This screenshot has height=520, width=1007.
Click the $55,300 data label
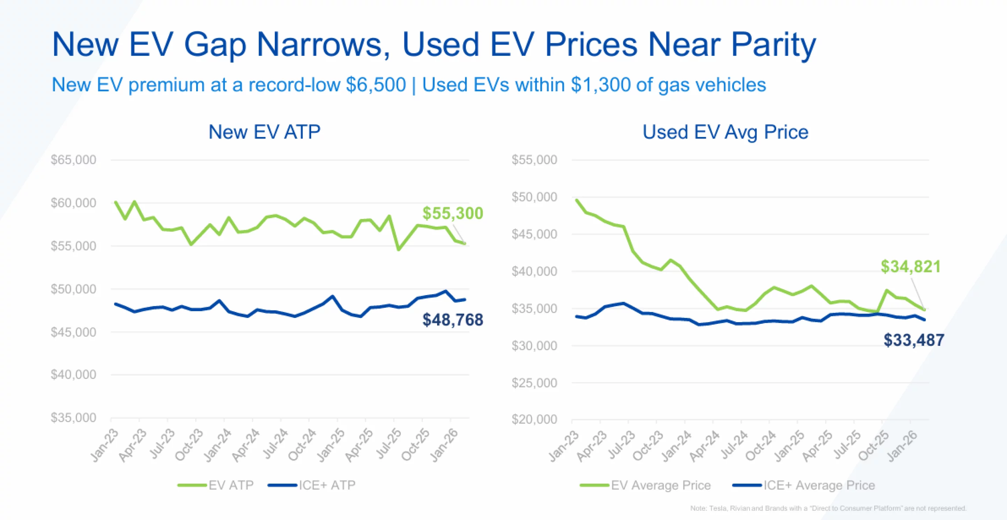(x=453, y=213)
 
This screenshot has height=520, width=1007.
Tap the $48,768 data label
(x=453, y=320)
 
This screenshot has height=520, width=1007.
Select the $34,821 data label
(x=910, y=267)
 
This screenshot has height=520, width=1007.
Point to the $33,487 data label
(x=914, y=340)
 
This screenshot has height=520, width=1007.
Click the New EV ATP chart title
(x=264, y=132)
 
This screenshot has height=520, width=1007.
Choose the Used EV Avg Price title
(x=725, y=132)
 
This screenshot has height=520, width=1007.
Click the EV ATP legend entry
(x=231, y=485)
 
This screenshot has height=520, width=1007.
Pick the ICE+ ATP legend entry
(x=327, y=485)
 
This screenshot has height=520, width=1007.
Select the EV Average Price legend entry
(x=660, y=485)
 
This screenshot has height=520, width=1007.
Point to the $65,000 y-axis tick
(x=73, y=160)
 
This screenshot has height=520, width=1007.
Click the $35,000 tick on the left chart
(x=73, y=418)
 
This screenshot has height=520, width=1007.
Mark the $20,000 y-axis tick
(x=534, y=420)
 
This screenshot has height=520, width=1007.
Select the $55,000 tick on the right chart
(x=534, y=160)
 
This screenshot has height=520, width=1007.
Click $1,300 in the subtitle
(x=600, y=85)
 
